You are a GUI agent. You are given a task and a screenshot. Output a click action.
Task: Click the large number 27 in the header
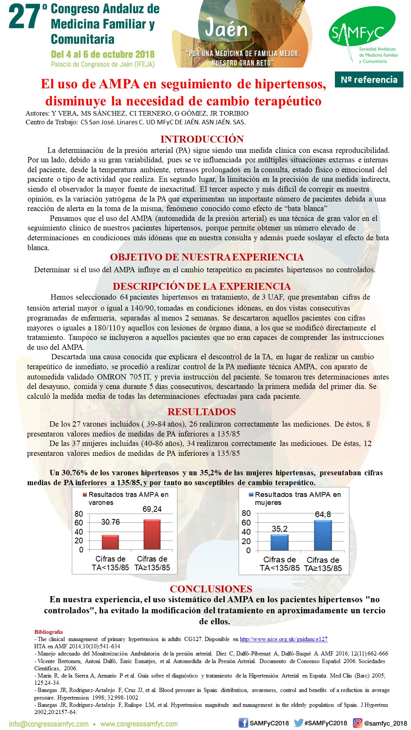pyautogui.click(x=24, y=17)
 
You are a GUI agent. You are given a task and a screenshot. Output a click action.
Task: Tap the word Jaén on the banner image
pyautogui.click(x=226, y=29)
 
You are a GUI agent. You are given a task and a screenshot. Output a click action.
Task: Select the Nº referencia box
pyautogui.click(x=369, y=79)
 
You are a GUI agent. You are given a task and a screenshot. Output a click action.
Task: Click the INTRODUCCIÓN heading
pyautogui.click(x=202, y=139)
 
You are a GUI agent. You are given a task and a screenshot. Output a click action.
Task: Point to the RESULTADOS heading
pyautogui.click(x=202, y=412)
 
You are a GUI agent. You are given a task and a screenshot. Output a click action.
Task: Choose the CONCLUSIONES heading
pyautogui.click(x=211, y=589)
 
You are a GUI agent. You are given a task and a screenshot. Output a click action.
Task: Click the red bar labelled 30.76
pyautogui.click(x=110, y=542)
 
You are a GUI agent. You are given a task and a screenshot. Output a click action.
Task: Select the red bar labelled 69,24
pyautogui.click(x=152, y=534)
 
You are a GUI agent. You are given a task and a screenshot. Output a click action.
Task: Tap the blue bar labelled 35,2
pyautogui.click(x=279, y=542)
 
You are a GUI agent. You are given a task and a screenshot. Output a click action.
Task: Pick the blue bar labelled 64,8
pyautogui.click(x=323, y=535)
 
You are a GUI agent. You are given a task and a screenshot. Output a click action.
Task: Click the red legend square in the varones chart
pyautogui.click(x=85, y=495)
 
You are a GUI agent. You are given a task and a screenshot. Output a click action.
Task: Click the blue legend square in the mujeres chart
pyautogui.click(x=251, y=495)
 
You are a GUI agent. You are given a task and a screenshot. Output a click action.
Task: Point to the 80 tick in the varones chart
pyautogui.click(x=79, y=514)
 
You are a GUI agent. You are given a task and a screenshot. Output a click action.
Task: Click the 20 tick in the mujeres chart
pyautogui.click(x=246, y=541)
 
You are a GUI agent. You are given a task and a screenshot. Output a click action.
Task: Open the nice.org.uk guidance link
pyautogui.click(x=284, y=639)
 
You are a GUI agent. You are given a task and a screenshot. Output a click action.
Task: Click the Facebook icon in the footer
pyautogui.click(x=243, y=723)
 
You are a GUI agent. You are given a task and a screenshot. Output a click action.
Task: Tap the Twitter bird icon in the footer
pyautogui.click(x=299, y=723)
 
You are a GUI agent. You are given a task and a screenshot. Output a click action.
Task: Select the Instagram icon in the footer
pyautogui.click(x=358, y=723)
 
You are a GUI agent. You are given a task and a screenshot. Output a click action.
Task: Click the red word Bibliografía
pyautogui.click(x=48, y=632)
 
